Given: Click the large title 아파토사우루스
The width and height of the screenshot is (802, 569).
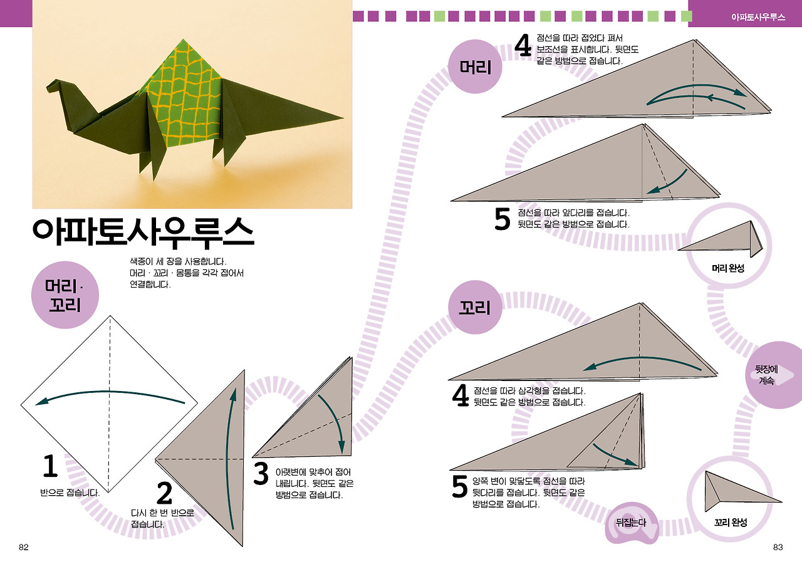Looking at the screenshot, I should [x=143, y=232].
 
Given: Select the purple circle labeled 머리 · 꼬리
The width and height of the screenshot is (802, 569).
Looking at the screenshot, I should [x=65, y=296].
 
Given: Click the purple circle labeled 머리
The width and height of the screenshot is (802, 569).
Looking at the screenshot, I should [x=476, y=68].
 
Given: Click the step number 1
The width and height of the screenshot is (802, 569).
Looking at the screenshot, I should [x=49, y=467].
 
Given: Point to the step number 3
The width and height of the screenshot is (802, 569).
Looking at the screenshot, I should [x=261, y=474].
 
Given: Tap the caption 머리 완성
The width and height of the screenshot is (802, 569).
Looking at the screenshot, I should [x=728, y=269].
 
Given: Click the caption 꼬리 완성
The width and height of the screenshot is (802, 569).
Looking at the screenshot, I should [x=731, y=522].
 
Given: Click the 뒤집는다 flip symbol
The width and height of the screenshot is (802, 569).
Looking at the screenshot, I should [x=631, y=522].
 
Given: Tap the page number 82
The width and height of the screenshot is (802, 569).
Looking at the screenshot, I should [x=24, y=547].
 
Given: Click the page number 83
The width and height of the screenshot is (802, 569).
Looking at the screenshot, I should [x=778, y=547].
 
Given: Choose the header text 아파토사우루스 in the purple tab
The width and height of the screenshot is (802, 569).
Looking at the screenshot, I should [x=758, y=17].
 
